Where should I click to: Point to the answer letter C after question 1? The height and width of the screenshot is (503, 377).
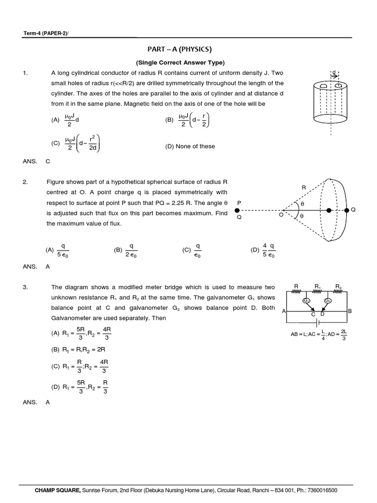point(48,161)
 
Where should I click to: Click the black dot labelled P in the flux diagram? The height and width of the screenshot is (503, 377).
point(238,210)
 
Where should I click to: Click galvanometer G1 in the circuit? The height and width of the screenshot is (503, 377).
point(306,300)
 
